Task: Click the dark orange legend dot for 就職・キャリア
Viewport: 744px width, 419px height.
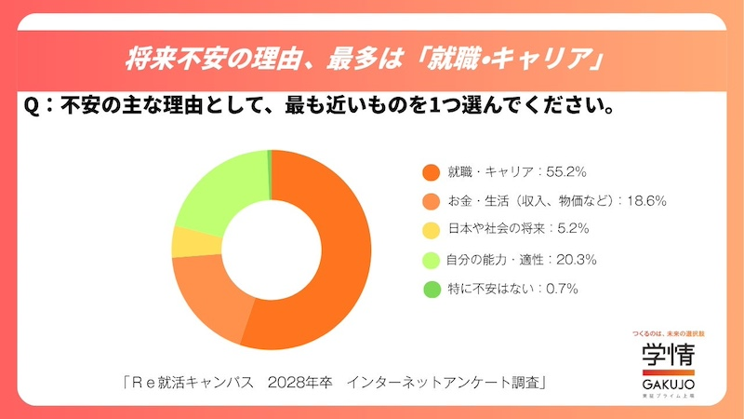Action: (x=430, y=172)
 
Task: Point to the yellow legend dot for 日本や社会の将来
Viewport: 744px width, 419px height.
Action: (x=430, y=229)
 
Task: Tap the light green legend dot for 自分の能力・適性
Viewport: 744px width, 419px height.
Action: (x=430, y=259)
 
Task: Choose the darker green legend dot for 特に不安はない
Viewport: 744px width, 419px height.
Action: (x=430, y=289)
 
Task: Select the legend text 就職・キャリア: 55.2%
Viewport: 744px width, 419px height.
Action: (x=515, y=172)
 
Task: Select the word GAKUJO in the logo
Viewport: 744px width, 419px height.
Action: (x=667, y=385)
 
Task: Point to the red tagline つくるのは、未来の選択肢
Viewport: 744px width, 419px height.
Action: (x=667, y=333)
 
